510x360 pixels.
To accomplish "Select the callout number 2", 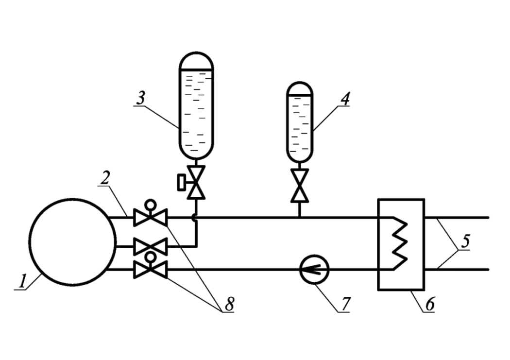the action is pyautogui.click(x=105, y=178).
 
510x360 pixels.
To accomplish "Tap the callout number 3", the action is pyautogui.click(x=140, y=98).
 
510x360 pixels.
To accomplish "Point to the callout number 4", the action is pyautogui.click(x=344, y=99).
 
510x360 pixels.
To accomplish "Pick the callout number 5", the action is pyautogui.click(x=465, y=241).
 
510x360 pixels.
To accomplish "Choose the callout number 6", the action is pyautogui.click(x=429, y=305).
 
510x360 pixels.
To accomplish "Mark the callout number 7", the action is pyautogui.click(x=345, y=305).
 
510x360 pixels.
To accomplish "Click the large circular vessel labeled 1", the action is pyautogui.click(x=72, y=242).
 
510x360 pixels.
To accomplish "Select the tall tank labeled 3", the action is pyautogui.click(x=196, y=105).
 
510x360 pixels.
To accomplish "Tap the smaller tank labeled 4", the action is pyautogui.click(x=300, y=121).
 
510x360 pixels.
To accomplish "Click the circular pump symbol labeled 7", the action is pyautogui.click(x=314, y=270).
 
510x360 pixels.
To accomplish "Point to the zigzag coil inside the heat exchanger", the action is pyautogui.click(x=400, y=243).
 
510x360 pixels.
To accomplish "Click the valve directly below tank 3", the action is pyautogui.click(x=196, y=183).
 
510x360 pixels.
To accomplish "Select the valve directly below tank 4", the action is pyautogui.click(x=300, y=186).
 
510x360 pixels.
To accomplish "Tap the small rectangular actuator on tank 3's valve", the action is pyautogui.click(x=181, y=183).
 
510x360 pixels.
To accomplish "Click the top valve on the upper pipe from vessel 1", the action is pyautogui.click(x=150, y=217).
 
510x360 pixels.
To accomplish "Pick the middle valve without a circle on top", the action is pyautogui.click(x=150, y=246).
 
